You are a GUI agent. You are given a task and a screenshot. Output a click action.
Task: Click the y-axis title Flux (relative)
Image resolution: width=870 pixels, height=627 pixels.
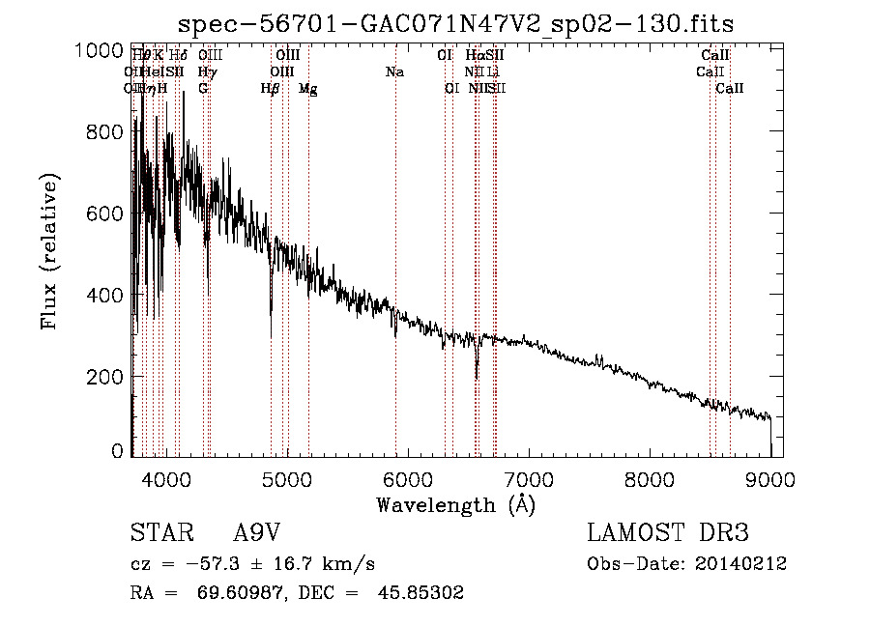[x=49, y=250]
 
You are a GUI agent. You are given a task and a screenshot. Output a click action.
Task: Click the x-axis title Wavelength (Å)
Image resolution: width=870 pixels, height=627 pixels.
[x=455, y=504]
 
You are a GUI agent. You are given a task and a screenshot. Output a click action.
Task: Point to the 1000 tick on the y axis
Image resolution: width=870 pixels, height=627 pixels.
[x=99, y=50]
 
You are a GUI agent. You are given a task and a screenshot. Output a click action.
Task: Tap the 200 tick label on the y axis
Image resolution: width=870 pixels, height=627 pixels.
[x=105, y=376]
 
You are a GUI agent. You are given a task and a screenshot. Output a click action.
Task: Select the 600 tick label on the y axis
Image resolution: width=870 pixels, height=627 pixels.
[x=105, y=214]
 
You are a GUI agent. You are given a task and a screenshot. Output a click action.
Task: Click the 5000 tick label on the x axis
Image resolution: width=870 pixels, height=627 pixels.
[x=285, y=477]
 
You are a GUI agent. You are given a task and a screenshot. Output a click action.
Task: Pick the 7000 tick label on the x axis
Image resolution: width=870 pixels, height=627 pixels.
[x=528, y=477]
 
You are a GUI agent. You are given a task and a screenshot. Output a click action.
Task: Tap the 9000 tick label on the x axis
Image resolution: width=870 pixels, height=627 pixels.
[x=770, y=477]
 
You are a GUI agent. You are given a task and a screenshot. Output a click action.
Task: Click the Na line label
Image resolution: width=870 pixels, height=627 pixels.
[x=394, y=72]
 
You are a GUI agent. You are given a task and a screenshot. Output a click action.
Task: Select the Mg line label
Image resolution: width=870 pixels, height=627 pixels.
[x=307, y=89]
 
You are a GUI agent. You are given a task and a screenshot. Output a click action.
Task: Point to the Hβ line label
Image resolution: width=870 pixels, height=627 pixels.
[x=271, y=89]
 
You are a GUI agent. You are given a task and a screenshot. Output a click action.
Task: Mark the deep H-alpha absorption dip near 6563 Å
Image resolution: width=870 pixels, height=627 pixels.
[x=476, y=372]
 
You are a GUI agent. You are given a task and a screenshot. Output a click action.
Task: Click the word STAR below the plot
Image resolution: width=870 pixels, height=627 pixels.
[x=159, y=533]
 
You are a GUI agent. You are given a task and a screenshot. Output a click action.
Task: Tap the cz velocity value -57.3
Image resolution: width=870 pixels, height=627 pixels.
[x=206, y=564]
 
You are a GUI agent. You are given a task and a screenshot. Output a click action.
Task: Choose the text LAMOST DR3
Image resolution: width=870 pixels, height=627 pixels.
[x=667, y=533]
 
